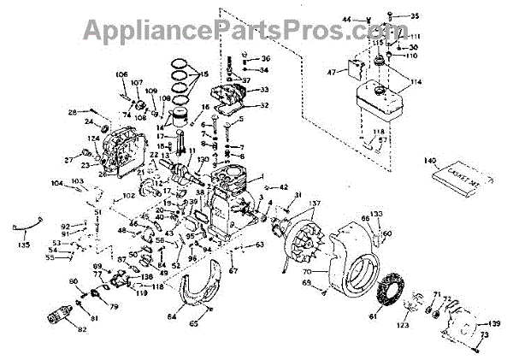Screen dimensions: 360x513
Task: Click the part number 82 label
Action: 82,329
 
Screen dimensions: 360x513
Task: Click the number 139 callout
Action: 492,323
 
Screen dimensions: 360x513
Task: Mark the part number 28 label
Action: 72,112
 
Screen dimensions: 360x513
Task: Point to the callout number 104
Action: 56,183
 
